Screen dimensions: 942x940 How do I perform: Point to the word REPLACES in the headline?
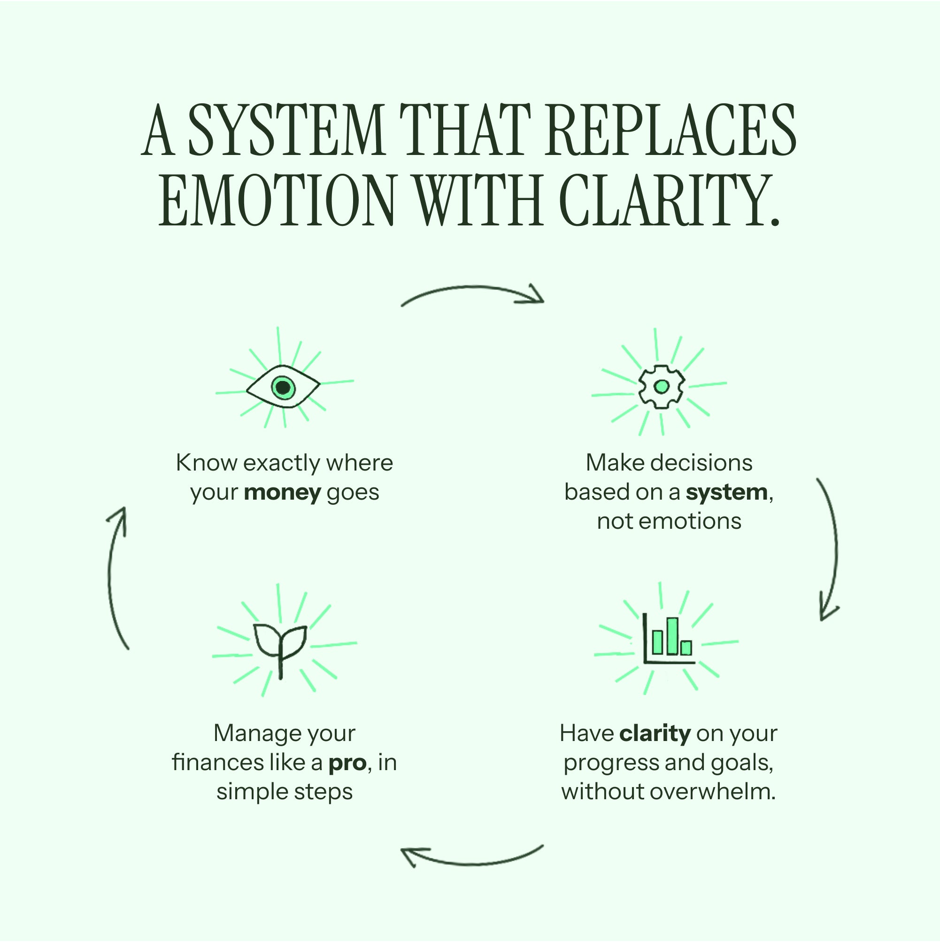tap(670, 130)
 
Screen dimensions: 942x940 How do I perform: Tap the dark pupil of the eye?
tap(283, 387)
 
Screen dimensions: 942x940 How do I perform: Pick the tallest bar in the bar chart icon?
tap(673, 636)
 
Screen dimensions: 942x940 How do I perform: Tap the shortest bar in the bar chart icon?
tap(686, 648)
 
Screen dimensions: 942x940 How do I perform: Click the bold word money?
tap(282, 493)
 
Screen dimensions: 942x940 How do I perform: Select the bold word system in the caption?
tap(726, 493)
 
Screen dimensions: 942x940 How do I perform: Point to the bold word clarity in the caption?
tap(655, 733)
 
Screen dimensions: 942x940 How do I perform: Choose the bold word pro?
tap(347, 763)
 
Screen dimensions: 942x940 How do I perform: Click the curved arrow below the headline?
tap(471, 294)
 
